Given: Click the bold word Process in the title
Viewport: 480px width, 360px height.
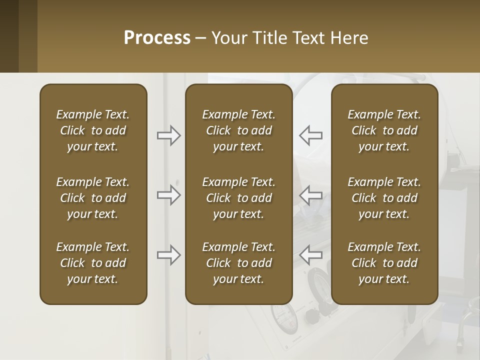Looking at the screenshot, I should coord(157,38).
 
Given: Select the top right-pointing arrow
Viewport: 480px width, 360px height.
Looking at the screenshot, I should coord(169,135).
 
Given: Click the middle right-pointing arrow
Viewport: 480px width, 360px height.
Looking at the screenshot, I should coord(169,195).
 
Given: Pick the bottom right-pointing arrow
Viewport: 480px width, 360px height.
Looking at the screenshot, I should coord(169,255).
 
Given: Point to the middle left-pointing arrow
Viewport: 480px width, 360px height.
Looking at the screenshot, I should coord(310,195).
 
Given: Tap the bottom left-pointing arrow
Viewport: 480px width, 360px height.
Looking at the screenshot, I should coord(310,255).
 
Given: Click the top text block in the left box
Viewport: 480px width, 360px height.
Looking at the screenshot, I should coord(93,130).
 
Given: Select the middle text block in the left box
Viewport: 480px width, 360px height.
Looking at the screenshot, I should coord(93,198).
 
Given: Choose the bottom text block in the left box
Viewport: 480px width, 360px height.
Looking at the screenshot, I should coord(93,263).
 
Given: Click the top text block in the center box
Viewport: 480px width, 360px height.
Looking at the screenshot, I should coord(238,130).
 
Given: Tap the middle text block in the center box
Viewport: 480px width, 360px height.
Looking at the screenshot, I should coord(238,198).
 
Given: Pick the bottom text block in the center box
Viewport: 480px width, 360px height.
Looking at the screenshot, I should coord(238,263).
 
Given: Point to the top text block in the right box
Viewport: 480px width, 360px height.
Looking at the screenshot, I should coord(384,130).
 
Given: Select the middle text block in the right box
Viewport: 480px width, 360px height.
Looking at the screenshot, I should coord(384,198).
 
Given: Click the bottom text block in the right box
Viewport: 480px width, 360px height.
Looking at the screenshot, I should coord(384,263).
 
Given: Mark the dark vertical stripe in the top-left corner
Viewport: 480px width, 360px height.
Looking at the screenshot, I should coord(9,36).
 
